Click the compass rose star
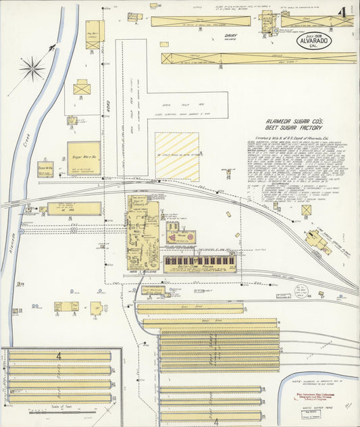[31, 68]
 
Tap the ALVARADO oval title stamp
[316, 41]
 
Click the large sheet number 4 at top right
[344, 12]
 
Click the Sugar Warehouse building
[84, 158]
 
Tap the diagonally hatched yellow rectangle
[177, 156]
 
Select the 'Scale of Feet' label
[61, 407]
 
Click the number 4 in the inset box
[59, 355]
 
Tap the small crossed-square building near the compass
[82, 87]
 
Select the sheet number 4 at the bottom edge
[215, 422]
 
